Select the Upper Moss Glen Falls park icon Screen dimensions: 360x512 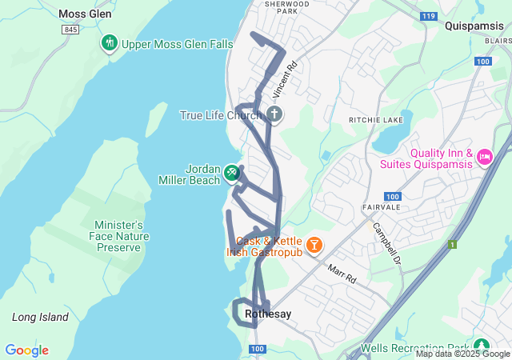110,42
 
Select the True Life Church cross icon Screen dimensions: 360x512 274,114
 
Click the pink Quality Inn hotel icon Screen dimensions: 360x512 484,158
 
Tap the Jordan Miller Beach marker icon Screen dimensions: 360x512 231,171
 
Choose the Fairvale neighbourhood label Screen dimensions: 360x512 379,206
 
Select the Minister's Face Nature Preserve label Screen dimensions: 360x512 118,236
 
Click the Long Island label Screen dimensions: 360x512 40,318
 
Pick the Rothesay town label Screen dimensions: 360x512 268,314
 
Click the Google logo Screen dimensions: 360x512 26,350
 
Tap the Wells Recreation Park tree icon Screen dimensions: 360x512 481,346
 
